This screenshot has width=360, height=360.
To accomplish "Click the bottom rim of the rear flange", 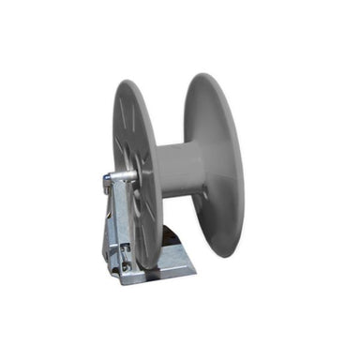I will point(225,255).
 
